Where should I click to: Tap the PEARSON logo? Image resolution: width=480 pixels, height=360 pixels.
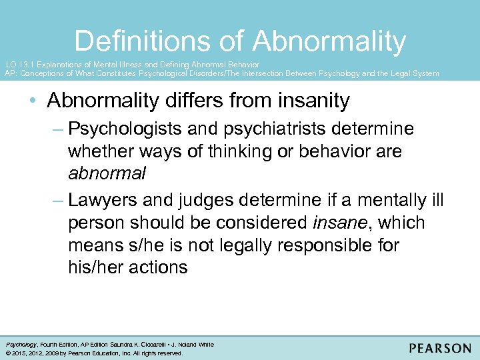click(x=439, y=347)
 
